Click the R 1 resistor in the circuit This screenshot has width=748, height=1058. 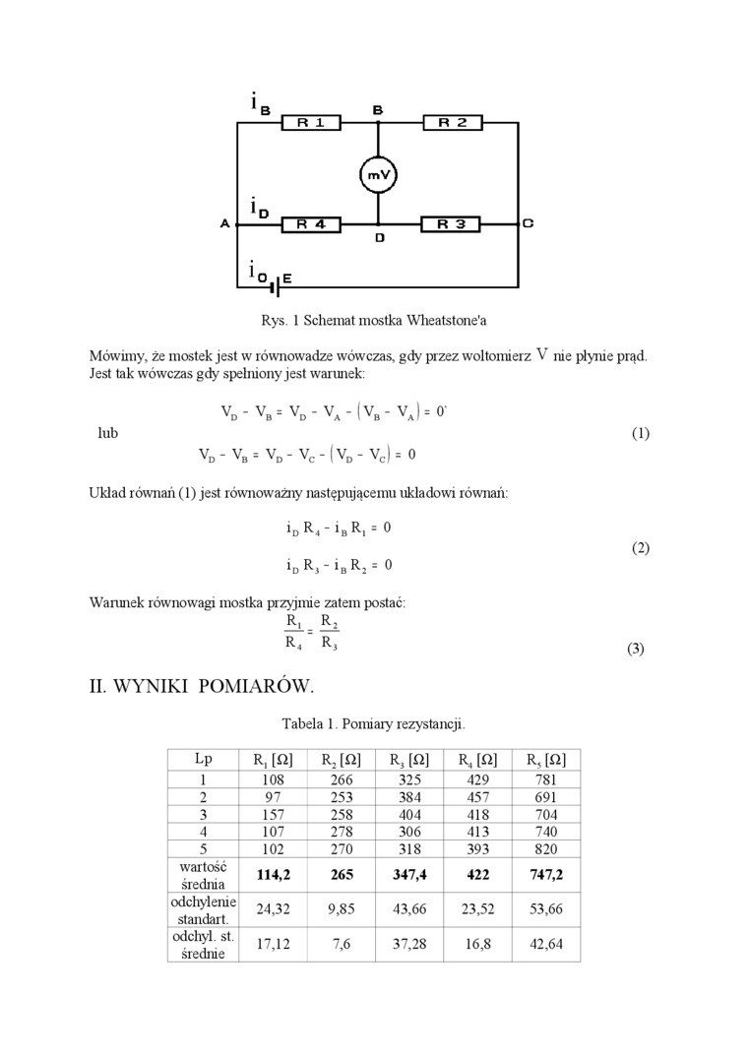311,123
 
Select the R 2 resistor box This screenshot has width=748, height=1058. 452,123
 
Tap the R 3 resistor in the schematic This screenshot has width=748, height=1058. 451,224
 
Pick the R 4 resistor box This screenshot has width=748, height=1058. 311,224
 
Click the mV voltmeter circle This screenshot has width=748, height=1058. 378,174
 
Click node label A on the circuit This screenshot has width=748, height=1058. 224,224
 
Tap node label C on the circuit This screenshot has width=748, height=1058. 529,223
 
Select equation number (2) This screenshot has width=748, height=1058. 641,547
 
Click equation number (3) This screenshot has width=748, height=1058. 635,649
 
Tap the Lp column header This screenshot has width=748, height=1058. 204,759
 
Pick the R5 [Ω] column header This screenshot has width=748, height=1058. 546,760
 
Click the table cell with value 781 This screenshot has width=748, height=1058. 546,778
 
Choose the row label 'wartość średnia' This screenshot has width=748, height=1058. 204,874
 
